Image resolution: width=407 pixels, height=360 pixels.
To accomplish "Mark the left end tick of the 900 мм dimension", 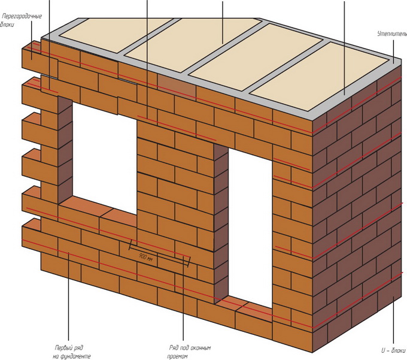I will click(131, 244).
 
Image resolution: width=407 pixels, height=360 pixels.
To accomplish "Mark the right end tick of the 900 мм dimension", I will click(187, 261).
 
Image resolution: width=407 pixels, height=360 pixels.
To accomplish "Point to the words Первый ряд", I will click(68, 347).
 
